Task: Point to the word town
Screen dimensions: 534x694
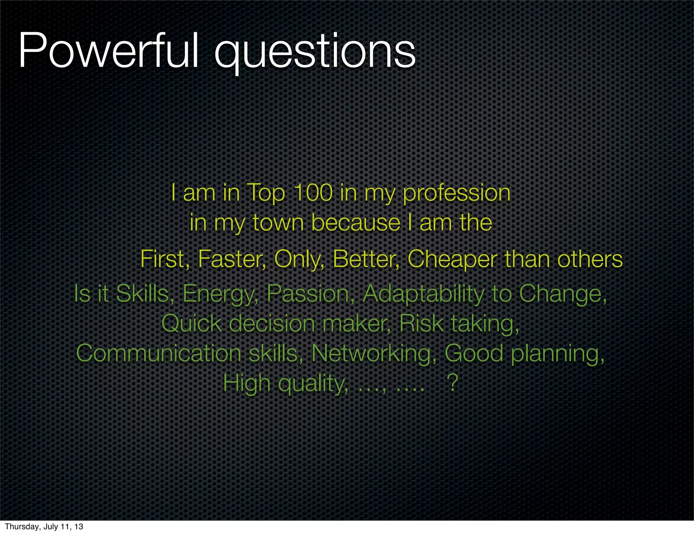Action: [278, 223]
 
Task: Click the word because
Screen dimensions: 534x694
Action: [356, 223]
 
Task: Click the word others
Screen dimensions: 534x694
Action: [590, 259]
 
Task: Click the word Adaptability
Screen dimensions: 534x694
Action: [424, 294]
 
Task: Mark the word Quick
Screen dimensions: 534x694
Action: [191, 323]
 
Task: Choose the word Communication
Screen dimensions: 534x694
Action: [159, 353]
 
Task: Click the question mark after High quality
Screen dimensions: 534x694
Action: [453, 383]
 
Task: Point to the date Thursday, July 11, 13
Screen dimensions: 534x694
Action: [44, 527]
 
